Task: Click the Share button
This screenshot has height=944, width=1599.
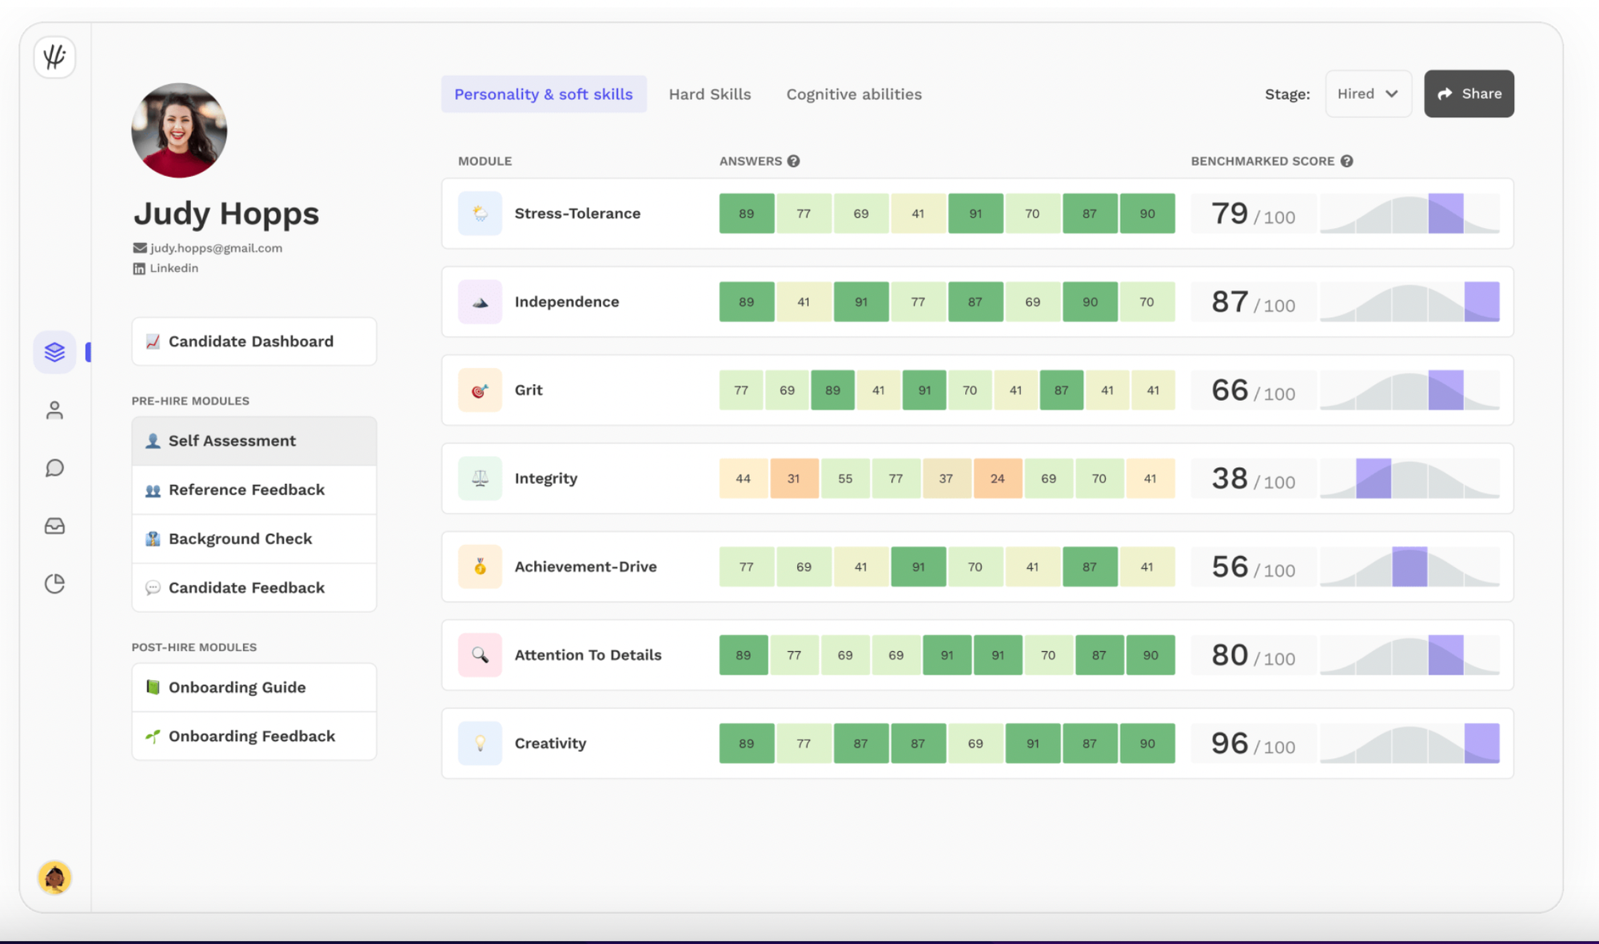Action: coord(1469,94)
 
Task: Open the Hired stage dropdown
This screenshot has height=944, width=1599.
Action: coord(1368,94)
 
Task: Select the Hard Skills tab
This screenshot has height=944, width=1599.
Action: coord(710,94)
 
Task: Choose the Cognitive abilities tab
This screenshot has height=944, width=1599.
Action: coord(854,94)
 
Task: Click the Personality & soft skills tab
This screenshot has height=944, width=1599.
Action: coord(544,94)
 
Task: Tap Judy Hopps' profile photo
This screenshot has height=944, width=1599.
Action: coord(179,130)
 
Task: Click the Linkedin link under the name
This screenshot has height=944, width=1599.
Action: coord(173,268)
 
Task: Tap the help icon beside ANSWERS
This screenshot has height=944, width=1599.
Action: coord(793,161)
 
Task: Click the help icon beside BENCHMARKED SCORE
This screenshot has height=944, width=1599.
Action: coord(1347,161)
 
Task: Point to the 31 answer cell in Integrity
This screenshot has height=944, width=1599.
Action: coord(794,478)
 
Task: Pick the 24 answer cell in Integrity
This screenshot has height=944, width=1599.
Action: coord(998,478)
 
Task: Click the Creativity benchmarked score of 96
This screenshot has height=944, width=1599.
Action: coord(1230,743)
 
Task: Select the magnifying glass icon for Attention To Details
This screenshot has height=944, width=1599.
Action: coord(480,655)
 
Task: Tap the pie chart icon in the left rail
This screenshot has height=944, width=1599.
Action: coord(54,584)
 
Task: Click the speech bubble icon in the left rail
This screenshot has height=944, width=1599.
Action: coord(54,468)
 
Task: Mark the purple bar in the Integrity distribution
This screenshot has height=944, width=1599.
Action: coord(1374,478)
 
